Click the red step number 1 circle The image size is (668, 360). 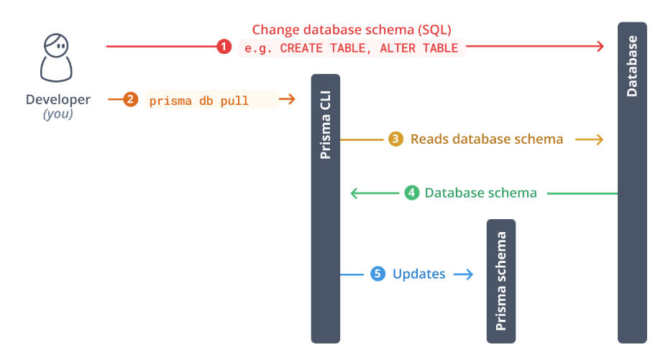(x=224, y=47)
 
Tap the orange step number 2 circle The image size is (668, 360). (x=130, y=100)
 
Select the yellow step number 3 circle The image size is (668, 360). (x=395, y=139)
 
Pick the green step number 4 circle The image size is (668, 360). (x=411, y=193)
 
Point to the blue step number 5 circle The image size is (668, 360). (x=378, y=274)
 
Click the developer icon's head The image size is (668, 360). (x=56, y=45)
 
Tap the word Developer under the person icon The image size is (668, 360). (x=58, y=100)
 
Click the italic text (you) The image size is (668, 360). (x=58, y=114)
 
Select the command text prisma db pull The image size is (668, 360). (x=199, y=101)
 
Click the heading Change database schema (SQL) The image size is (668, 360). (x=352, y=29)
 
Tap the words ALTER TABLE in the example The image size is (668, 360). (x=418, y=48)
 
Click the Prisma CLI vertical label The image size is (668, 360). (x=326, y=124)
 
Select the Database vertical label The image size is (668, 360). (x=632, y=66)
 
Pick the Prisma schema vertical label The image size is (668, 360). (x=501, y=281)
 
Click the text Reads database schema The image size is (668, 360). (x=487, y=139)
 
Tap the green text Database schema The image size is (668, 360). (x=480, y=193)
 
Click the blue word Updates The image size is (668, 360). (x=418, y=274)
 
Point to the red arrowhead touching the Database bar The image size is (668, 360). (x=600, y=47)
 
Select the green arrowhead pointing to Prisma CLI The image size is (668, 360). (x=354, y=193)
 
